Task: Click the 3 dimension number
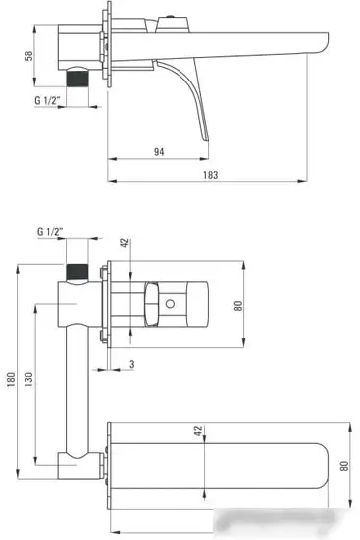[131, 365]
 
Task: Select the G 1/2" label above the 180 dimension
[51, 231]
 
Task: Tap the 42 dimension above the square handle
[125, 243]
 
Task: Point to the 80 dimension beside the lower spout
[342, 467]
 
